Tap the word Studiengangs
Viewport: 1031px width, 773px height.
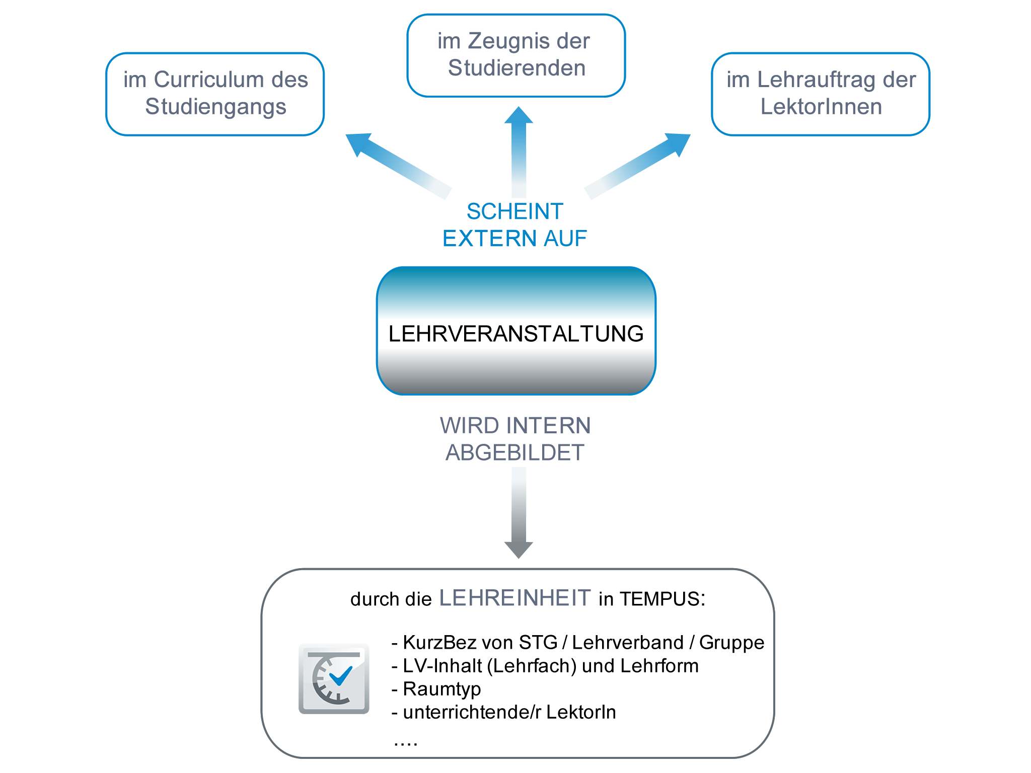(x=215, y=107)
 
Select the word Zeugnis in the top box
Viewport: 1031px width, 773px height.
(x=509, y=41)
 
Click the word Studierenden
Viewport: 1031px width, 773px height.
(x=517, y=68)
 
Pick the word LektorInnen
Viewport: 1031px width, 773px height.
(x=821, y=107)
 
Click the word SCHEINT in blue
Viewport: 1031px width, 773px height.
(x=514, y=211)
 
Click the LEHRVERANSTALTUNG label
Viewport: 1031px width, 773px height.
(x=516, y=334)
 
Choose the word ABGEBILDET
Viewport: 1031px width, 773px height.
(x=515, y=452)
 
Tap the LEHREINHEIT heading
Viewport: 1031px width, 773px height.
(x=515, y=598)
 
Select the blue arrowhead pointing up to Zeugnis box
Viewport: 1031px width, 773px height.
(x=519, y=115)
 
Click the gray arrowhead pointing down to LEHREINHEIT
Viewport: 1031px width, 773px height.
(x=519, y=550)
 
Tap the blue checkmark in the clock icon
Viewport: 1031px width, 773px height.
(x=341, y=675)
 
